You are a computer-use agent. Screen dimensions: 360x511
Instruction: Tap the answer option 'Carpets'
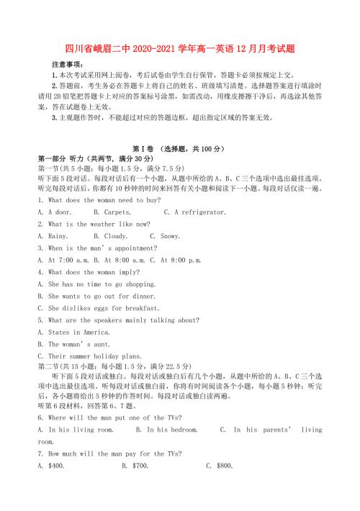click(112, 212)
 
